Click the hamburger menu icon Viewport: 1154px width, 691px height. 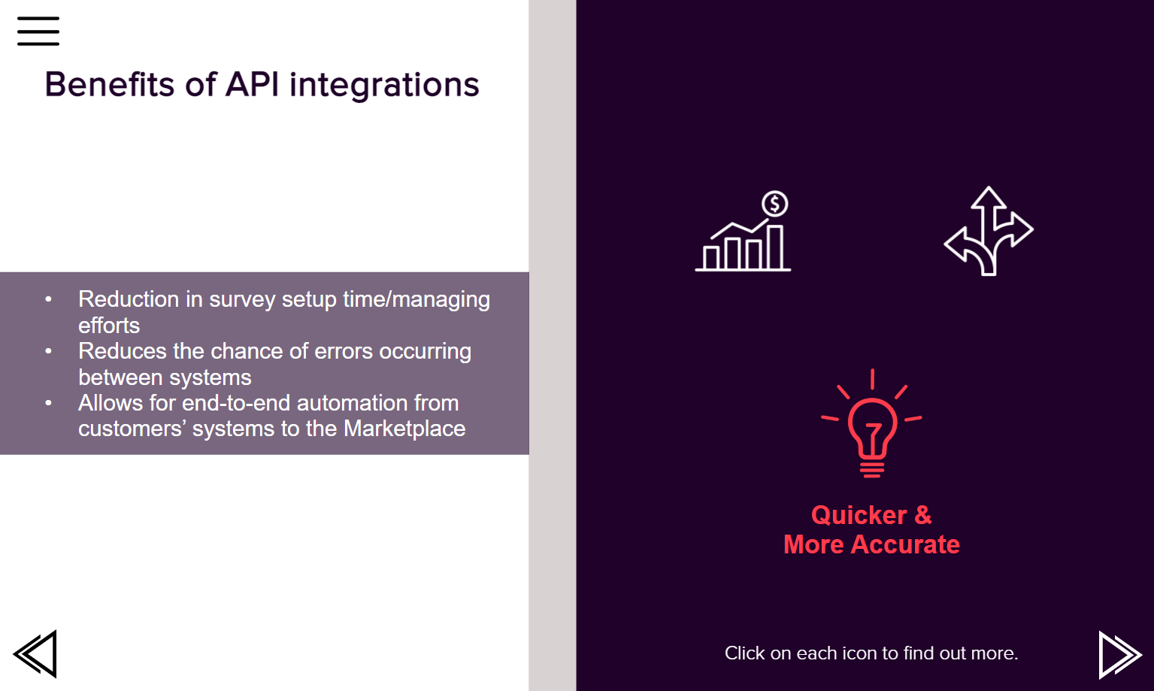(x=38, y=31)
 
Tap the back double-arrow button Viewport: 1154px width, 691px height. (x=35, y=653)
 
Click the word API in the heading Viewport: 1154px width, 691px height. (x=252, y=84)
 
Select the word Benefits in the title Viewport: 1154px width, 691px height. (x=110, y=84)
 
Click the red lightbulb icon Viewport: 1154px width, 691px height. (x=871, y=423)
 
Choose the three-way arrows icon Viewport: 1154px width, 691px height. (x=989, y=231)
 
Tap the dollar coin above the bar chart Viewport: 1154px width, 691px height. (x=775, y=204)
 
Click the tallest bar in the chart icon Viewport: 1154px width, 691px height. (x=775, y=247)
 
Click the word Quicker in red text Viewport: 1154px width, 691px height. (x=859, y=515)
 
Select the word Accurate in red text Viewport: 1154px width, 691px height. (x=905, y=544)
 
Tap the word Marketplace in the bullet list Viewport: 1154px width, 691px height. (x=404, y=429)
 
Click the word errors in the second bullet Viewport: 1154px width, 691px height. (x=344, y=351)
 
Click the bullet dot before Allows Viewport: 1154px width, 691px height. (x=48, y=403)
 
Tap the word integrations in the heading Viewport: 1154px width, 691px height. (x=384, y=85)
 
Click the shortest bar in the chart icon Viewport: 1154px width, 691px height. (x=711, y=258)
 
